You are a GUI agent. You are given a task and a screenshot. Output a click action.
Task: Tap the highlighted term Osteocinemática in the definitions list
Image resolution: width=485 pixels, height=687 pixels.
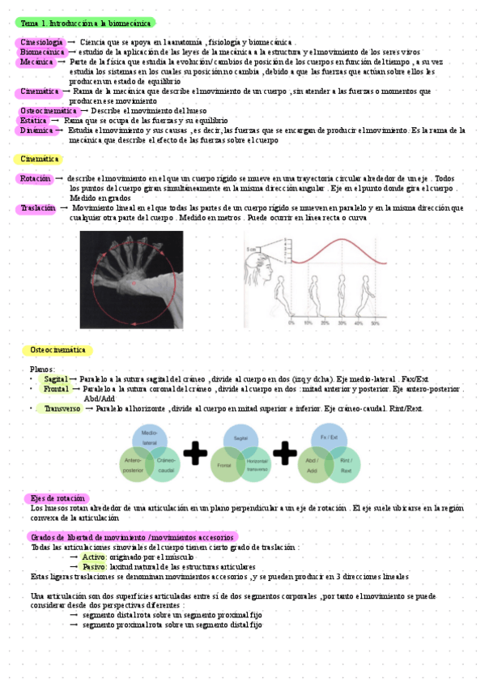coord(48,110)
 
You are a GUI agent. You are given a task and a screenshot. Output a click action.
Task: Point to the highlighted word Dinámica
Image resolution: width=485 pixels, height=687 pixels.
coord(37,130)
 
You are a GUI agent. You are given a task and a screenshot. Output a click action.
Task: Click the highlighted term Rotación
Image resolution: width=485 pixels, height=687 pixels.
coord(36,178)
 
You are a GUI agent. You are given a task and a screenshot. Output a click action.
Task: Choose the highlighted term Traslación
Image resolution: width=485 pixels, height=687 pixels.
coord(38,208)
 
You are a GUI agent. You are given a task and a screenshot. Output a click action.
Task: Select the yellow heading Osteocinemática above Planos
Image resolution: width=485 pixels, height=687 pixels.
coord(57,350)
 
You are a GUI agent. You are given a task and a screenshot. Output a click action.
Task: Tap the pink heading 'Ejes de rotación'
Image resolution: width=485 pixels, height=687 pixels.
coord(57,498)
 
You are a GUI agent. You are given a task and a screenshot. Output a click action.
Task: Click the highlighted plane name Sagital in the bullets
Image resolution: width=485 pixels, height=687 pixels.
coord(56,379)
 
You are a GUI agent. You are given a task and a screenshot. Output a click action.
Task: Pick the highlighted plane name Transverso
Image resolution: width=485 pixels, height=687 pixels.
coord(62,409)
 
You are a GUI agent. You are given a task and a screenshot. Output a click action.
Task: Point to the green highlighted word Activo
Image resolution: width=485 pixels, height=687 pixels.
coord(94,557)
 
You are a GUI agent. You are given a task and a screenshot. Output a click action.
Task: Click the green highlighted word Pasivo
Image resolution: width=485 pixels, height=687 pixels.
coord(94,567)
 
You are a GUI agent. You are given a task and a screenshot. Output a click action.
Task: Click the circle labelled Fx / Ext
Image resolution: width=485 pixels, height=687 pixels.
coord(329,439)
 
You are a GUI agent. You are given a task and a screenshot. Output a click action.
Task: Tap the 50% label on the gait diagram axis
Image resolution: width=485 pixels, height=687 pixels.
coord(375,322)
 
